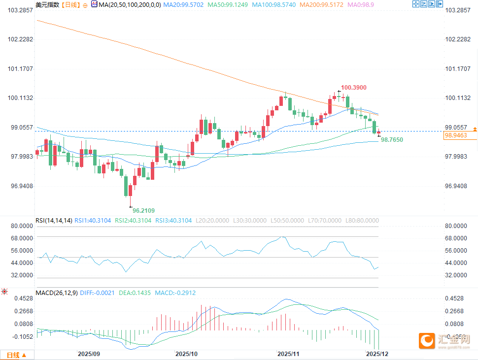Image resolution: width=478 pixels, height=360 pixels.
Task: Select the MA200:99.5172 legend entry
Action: click(x=320, y=4)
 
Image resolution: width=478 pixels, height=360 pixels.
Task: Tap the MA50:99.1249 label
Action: click(x=228, y=4)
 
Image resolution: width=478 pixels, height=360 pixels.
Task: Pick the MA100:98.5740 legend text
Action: click(x=273, y=4)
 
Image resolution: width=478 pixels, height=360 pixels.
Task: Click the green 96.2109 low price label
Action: click(x=143, y=210)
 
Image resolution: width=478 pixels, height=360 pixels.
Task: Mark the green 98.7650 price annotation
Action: click(x=392, y=140)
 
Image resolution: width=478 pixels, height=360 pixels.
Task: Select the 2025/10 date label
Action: click(x=186, y=354)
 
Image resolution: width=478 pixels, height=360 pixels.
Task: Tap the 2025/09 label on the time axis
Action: click(x=89, y=354)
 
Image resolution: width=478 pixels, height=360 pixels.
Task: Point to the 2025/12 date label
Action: click(x=377, y=354)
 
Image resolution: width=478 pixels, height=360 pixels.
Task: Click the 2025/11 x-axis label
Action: click(x=288, y=354)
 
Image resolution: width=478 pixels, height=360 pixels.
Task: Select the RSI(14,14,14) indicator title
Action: click(x=54, y=220)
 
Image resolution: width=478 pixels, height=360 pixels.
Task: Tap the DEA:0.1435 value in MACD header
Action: click(x=135, y=293)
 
